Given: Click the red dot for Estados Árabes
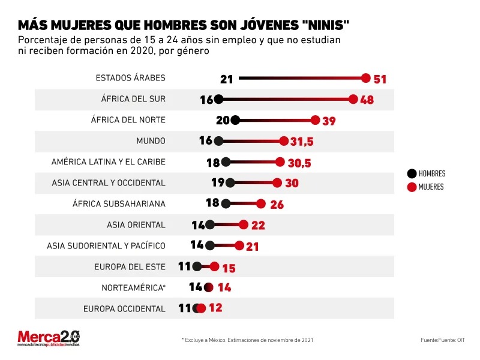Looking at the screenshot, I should click(x=367, y=79).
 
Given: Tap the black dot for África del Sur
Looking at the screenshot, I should click(x=218, y=100).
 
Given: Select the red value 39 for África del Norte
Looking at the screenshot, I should click(x=329, y=121).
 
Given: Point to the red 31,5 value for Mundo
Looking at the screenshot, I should click(x=301, y=142).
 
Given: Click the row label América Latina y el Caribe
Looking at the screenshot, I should click(x=108, y=162).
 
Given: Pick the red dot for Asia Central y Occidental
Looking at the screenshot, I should click(x=277, y=183).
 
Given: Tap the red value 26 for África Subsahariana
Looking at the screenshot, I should click(x=277, y=204).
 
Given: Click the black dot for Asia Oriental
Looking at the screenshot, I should click(x=210, y=225).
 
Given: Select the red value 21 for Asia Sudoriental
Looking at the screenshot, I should click(x=253, y=246).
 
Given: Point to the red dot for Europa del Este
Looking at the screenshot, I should click(x=214, y=267).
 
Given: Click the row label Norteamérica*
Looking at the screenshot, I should click(x=133, y=287).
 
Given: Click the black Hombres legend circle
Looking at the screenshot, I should click(x=412, y=174).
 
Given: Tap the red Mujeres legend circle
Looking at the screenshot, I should click(x=412, y=187).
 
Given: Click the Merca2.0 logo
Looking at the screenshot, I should click(x=49, y=338).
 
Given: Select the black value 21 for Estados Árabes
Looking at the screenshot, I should click(x=227, y=79).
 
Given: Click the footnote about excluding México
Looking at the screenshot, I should click(x=247, y=340).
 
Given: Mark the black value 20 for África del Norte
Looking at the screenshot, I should click(x=223, y=121).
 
